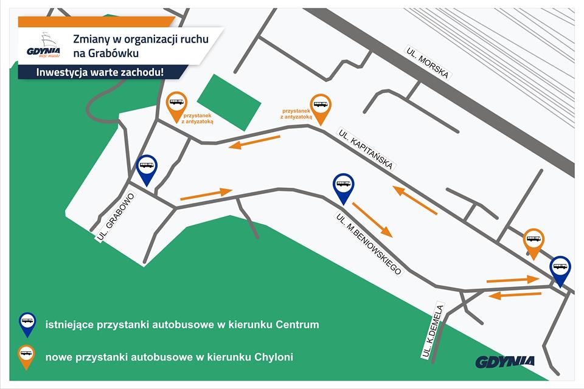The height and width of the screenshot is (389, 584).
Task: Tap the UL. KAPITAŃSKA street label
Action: click(367, 150)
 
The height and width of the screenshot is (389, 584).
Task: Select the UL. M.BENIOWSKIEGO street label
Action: click(369, 244)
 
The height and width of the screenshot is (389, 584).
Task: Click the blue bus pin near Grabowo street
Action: click(147, 169)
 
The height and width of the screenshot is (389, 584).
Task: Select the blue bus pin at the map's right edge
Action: click(560, 269)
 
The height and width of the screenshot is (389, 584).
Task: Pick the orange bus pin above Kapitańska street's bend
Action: click(320, 108)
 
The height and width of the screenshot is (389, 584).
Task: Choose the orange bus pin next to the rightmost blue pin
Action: click(534, 243)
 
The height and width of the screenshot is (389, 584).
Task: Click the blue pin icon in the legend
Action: click(27, 323)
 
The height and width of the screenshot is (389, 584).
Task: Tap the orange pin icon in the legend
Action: click(27, 356)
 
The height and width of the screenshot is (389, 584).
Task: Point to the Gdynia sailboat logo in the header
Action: click(43, 46)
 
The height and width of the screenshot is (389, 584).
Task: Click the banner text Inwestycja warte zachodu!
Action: click(100, 72)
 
